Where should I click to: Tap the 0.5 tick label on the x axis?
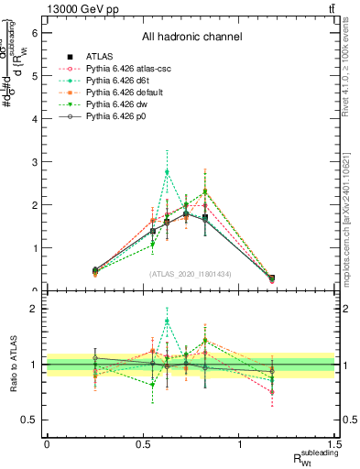tap(143, 442)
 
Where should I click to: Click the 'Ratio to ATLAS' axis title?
tap(12, 365)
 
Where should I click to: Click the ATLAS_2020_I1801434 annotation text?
tap(191, 273)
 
